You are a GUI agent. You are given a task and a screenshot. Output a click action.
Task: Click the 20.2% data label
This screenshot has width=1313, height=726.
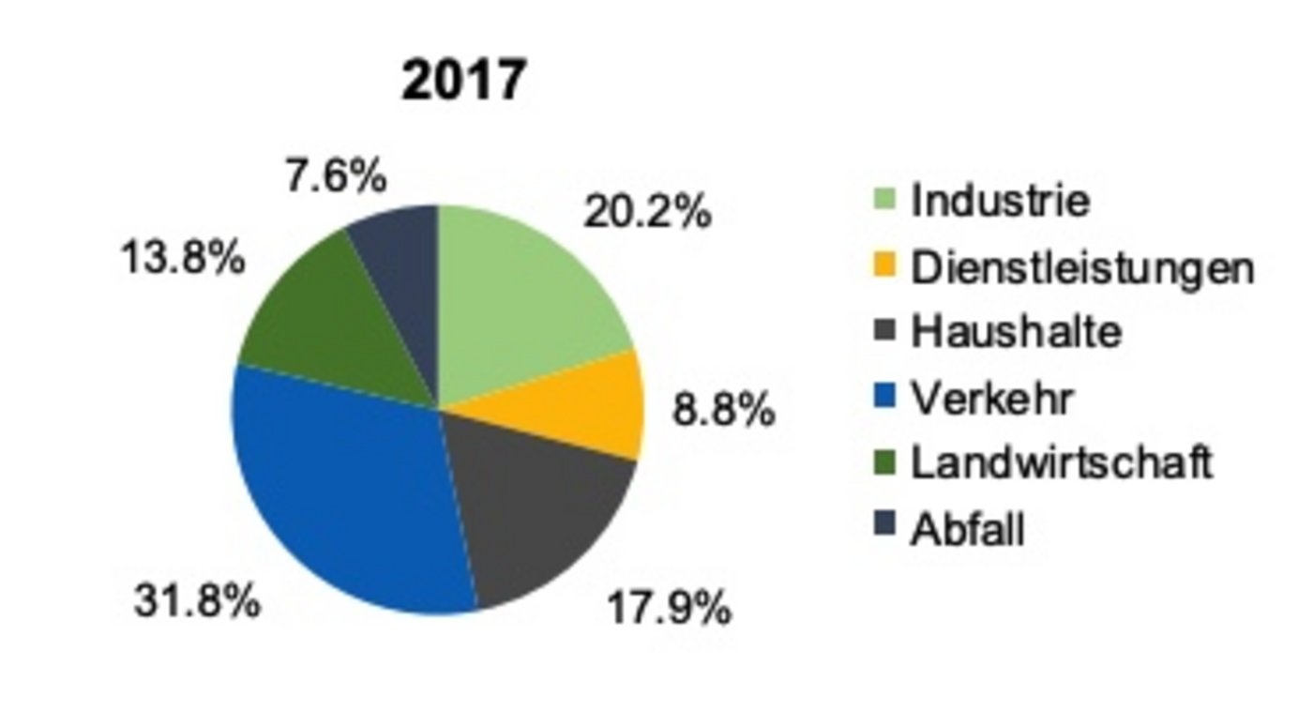coord(647,212)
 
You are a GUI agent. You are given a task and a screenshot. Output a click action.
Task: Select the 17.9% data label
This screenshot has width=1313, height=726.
coord(669,609)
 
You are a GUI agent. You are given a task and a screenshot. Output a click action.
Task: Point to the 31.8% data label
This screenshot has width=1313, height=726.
coord(196,601)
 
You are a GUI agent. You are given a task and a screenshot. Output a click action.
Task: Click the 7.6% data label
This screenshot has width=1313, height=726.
coord(335,176)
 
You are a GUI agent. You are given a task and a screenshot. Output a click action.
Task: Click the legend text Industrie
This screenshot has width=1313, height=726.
coord(1000,201)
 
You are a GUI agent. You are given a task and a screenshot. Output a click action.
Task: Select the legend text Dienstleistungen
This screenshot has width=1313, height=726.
coord(1081,267)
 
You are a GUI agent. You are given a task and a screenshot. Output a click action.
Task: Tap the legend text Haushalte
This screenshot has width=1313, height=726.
coord(1016,332)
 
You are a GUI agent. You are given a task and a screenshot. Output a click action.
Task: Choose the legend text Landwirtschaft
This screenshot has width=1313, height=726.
coord(1062,463)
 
